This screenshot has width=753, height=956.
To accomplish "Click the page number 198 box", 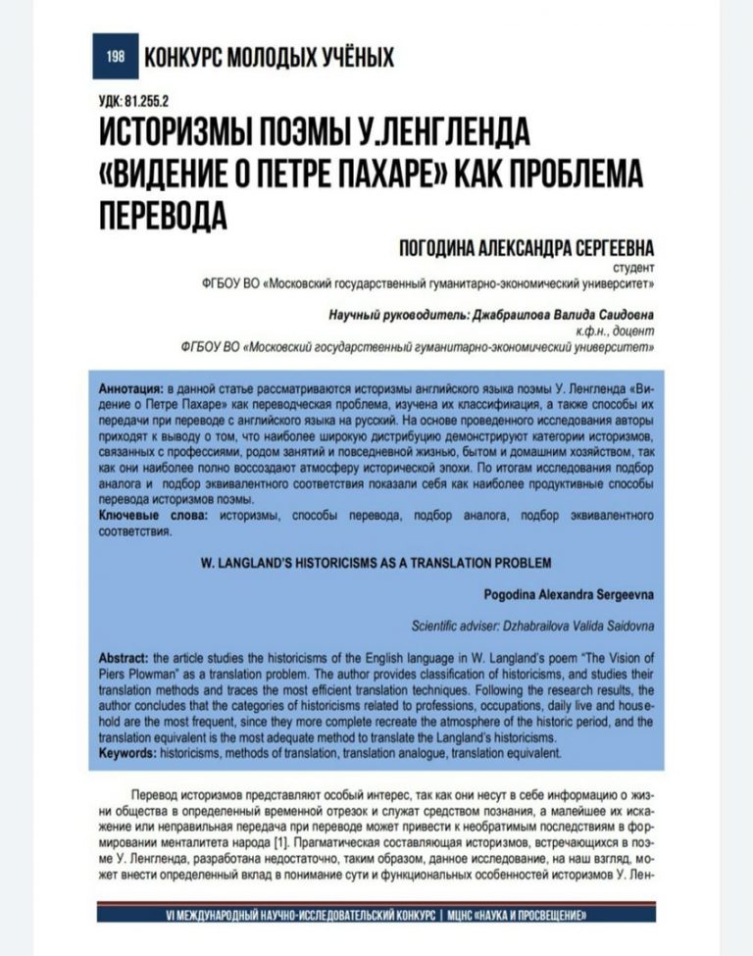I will [115, 57].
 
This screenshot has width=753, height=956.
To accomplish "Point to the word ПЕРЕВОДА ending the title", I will [161, 214].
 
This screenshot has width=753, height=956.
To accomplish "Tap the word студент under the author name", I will [632, 266].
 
